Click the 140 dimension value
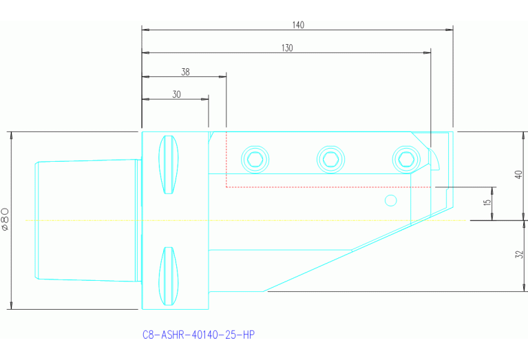pos(297,25)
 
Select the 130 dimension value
pos(286,48)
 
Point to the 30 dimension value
pos(176,95)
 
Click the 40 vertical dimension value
pos(519,175)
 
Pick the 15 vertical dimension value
pos(487,204)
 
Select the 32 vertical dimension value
pos(519,255)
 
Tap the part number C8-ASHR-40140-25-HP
pos(198,335)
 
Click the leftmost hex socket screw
pos(255,160)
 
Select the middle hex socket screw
pos(329,160)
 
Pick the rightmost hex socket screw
pos(404,159)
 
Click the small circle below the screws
pos(391,200)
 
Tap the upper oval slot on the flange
pos(168,166)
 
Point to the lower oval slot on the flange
pos(168,276)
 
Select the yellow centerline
pos(83,220)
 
